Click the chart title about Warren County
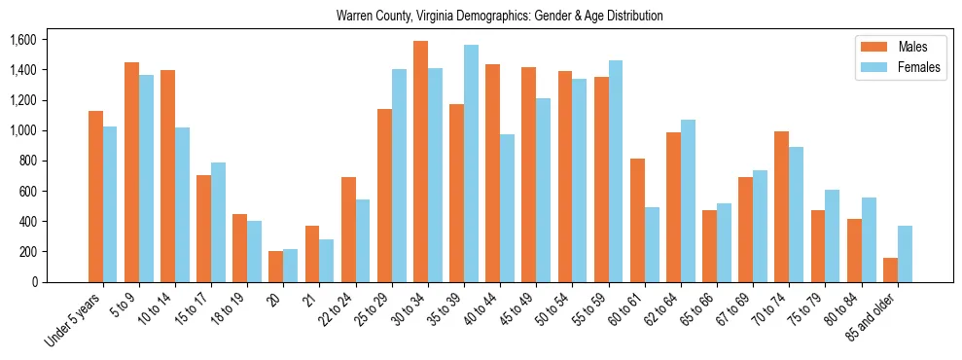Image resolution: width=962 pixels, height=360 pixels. click(x=499, y=17)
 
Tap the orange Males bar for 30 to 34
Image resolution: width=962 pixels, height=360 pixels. click(x=420, y=162)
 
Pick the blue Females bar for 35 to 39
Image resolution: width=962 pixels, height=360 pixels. click(x=471, y=163)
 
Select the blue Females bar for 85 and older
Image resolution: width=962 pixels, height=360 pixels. click(x=905, y=254)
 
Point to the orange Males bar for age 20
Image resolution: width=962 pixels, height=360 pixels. click(x=276, y=267)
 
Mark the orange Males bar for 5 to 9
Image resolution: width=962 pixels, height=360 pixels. click(x=131, y=172)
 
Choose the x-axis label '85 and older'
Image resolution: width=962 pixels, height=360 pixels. click(x=871, y=318)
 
